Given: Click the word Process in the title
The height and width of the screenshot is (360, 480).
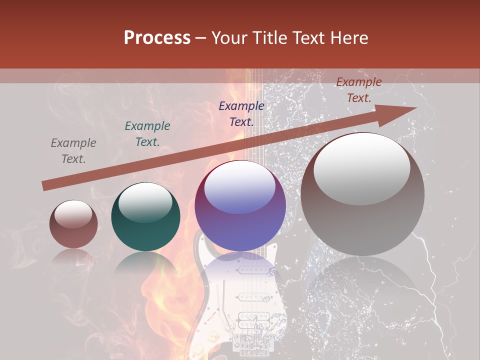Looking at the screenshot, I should pos(157,38).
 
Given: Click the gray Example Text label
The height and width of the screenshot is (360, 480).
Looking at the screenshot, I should pos(73,151).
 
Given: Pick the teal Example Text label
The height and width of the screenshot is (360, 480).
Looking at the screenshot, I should pos(147,134).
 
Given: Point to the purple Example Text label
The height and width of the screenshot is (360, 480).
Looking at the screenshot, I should pos(241,113).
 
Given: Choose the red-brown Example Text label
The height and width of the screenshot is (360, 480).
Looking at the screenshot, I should pos(359,90).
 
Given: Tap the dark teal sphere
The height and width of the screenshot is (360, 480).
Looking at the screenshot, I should pos(145,222).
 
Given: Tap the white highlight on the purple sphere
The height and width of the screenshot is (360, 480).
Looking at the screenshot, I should pos(240,187).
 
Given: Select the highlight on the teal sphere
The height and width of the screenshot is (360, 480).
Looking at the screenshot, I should pos(145,201).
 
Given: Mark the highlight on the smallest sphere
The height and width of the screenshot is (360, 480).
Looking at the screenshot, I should pos(73,213).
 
